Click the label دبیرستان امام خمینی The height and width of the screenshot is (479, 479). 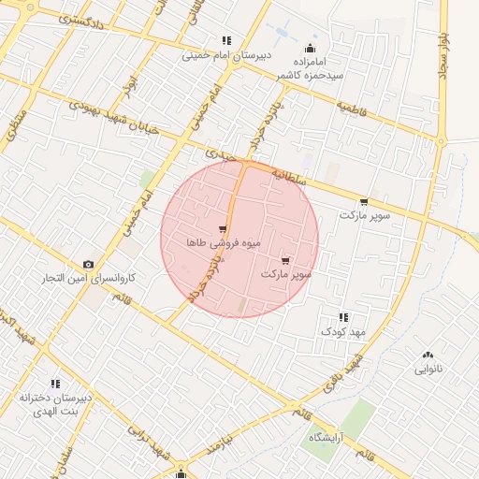click(226, 55)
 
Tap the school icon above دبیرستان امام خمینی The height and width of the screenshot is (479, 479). click(226, 40)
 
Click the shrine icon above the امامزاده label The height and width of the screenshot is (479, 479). click(311, 49)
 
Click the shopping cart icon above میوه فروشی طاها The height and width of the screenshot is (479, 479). click(222, 228)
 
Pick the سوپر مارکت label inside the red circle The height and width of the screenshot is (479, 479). click(285, 275)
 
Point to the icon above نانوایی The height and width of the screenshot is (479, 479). click(429, 355)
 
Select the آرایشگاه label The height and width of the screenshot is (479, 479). click(331, 437)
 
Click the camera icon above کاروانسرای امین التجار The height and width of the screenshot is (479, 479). click(88, 265)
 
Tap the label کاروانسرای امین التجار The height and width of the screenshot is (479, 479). click(88, 279)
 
